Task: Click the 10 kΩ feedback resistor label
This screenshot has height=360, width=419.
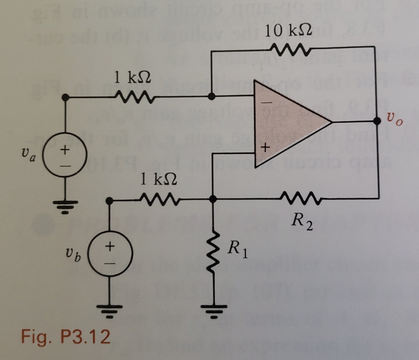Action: pos(289,31)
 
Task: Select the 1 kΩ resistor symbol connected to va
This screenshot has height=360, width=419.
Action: pos(133,97)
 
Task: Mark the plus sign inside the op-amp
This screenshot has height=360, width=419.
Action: pos(265,147)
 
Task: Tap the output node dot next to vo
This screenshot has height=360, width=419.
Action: pos(377,121)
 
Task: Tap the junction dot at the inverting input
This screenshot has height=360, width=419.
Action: pos(211,97)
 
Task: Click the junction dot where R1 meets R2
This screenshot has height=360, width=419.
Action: pos(213,199)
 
